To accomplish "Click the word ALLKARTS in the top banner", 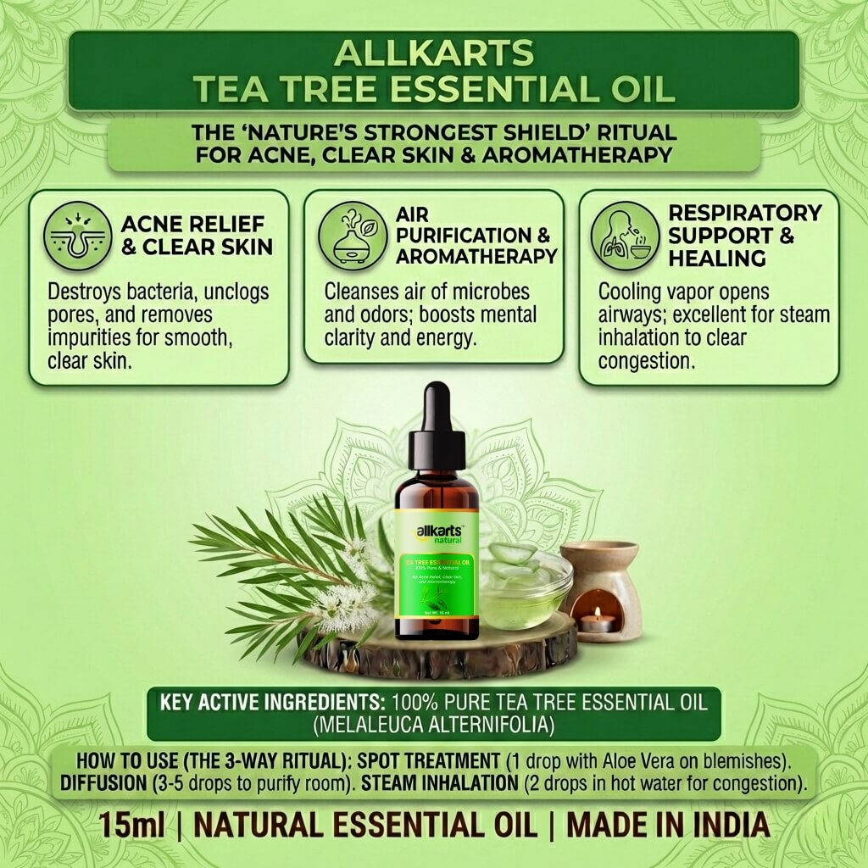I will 434,53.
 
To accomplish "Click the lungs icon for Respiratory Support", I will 626,235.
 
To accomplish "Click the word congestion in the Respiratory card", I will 646,361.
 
